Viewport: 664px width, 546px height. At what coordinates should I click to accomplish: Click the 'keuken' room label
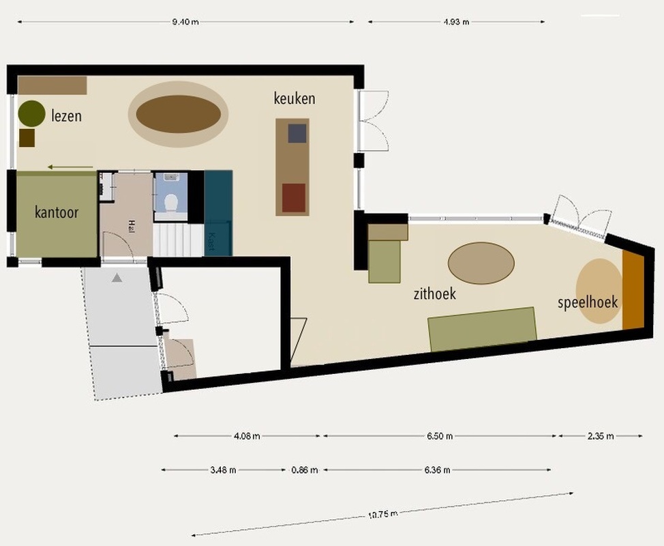(x=295, y=98)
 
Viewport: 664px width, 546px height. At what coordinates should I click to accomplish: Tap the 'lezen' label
(x=67, y=116)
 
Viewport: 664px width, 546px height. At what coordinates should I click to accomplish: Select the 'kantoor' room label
(x=57, y=212)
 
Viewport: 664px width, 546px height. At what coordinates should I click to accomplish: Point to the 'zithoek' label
(x=435, y=293)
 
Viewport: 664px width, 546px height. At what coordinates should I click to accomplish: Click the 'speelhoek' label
(x=588, y=302)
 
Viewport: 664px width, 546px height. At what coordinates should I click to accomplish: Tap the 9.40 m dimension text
(x=185, y=22)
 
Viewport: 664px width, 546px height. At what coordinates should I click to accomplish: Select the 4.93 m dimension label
(x=456, y=22)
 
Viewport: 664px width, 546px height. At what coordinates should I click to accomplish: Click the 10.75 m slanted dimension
(x=383, y=515)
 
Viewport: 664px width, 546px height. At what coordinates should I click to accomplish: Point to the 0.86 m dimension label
(x=305, y=470)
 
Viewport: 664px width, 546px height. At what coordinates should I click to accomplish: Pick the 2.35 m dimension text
(x=601, y=436)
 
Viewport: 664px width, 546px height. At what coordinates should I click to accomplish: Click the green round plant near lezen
(x=32, y=113)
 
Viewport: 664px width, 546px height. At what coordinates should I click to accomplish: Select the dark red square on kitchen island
(x=294, y=197)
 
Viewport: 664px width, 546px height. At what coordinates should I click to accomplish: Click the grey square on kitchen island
(x=297, y=133)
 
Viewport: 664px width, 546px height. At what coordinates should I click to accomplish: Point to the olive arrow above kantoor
(x=70, y=167)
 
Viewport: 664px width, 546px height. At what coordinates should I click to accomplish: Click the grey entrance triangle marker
(x=117, y=278)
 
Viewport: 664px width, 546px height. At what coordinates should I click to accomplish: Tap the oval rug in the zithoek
(x=481, y=263)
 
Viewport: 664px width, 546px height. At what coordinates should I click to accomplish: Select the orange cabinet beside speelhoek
(x=633, y=289)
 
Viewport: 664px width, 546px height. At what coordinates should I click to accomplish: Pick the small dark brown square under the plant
(x=27, y=138)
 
